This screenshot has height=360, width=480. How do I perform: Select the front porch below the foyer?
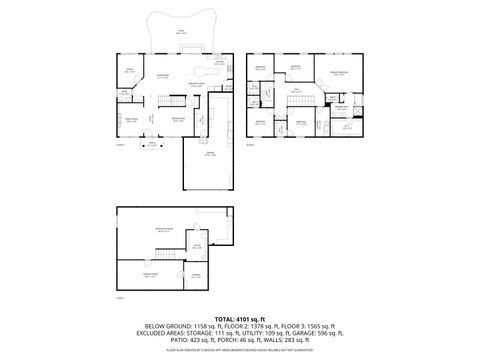coord(152,141)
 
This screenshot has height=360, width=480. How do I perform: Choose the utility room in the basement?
coord(197,246)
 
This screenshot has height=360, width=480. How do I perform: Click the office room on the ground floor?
coord(129,70)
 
